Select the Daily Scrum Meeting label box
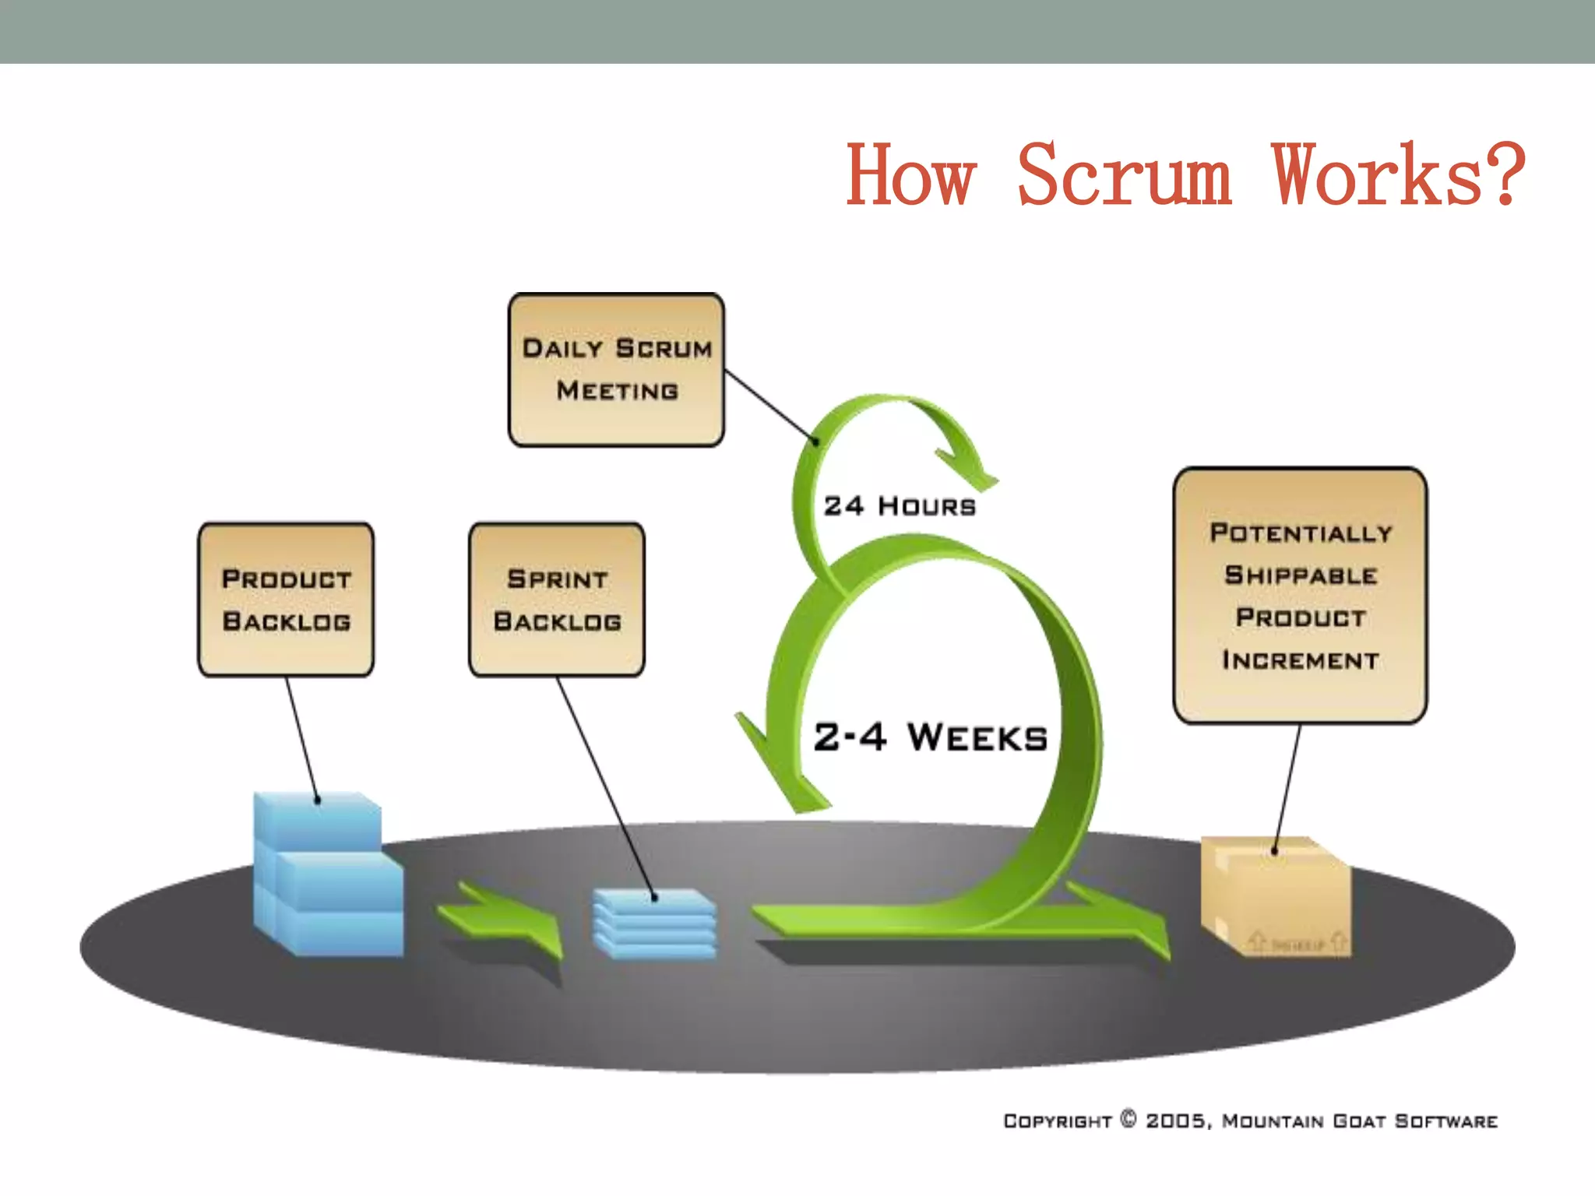616,369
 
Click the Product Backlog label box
286,600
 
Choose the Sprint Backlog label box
557,600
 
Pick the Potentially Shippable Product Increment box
1300,596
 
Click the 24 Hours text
900,506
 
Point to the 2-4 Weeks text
931,737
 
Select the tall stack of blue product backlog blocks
327,876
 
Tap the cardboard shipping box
1277,895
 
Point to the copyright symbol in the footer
1128,1119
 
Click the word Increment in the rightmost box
1300,660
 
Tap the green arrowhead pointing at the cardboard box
1137,923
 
